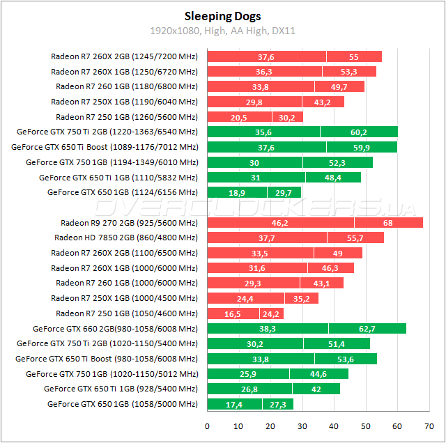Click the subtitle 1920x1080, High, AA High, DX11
[x=223, y=31]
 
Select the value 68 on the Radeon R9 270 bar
[x=387, y=223]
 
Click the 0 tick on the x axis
[x=207, y=426]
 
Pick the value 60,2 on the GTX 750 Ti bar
[x=358, y=132]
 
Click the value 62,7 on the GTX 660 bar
[x=367, y=329]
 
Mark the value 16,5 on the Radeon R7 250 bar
[x=233, y=314]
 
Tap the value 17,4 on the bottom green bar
[x=234, y=405]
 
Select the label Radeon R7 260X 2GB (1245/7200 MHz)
[x=124, y=56]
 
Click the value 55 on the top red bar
[x=354, y=56]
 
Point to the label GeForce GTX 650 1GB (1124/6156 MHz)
[x=123, y=192]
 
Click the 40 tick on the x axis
[x=334, y=426]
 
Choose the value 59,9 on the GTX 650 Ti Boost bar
[x=358, y=147]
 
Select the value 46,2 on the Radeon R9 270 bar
[x=280, y=223]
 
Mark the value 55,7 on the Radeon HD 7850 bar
[x=355, y=238]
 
